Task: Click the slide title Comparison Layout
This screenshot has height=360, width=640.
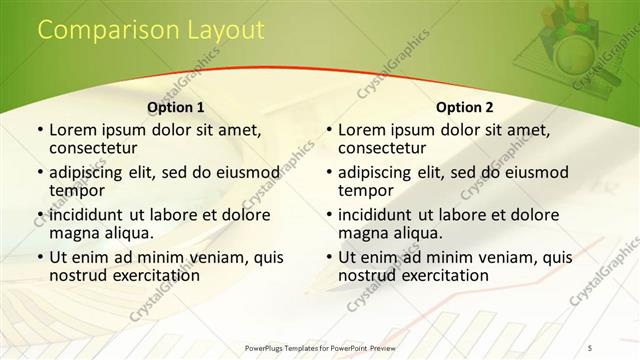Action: pos(151,31)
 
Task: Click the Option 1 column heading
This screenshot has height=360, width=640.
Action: pos(176,107)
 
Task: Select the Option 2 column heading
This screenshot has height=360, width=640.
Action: pos(465,107)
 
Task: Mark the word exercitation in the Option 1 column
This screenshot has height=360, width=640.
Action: pos(143,276)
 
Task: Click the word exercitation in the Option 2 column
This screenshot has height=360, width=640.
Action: pos(432,276)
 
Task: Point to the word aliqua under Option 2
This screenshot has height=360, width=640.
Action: pos(419,233)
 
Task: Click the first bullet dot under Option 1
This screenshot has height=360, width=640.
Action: pos(39,131)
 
